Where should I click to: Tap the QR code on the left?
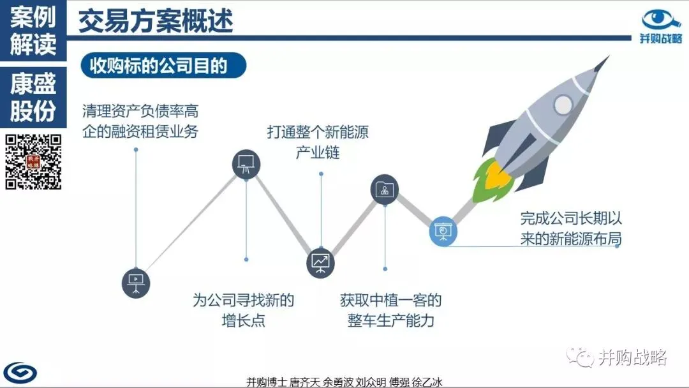33,161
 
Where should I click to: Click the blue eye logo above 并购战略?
662,19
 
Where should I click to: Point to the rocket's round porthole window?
563,103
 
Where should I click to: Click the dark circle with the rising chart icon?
320,262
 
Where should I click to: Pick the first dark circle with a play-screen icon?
135,281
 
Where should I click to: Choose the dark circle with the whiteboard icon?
246,164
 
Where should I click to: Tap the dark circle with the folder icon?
385,188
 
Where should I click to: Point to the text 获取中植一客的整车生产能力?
390,310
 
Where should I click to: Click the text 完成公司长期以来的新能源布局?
570,228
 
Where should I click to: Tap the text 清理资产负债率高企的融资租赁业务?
140,121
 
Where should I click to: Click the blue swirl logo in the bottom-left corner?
20,372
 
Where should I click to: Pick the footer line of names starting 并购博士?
344,382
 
